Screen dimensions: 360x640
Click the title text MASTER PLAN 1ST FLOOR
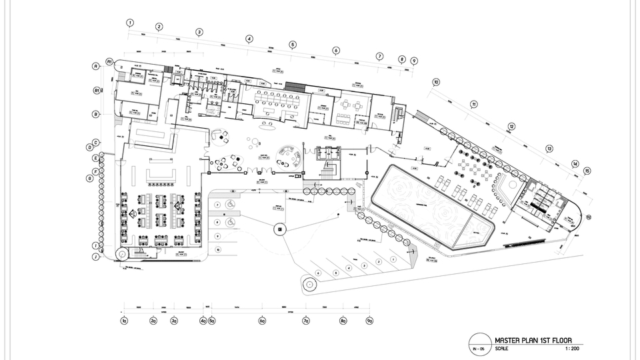[x=533, y=340]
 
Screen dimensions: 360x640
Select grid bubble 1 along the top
[x=131, y=23]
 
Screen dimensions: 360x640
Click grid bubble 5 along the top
[x=292, y=45]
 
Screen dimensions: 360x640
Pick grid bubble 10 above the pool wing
[x=436, y=83]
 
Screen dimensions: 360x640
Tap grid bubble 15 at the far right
[x=587, y=171]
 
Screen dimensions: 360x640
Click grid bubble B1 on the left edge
[x=97, y=90]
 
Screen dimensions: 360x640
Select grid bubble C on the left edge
[x=97, y=143]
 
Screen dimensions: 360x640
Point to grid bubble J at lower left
[x=96, y=256]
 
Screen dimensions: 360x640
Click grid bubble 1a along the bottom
[x=124, y=321]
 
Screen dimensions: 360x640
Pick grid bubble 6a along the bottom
[x=263, y=321]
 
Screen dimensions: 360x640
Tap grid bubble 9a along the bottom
[x=369, y=321]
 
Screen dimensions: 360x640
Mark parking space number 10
[x=218, y=249]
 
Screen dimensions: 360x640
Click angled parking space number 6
[x=319, y=273]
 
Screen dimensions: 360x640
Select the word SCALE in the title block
[x=501, y=348]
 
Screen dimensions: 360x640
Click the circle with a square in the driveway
[x=280, y=229]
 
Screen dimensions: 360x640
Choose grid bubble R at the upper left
[x=97, y=66]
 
